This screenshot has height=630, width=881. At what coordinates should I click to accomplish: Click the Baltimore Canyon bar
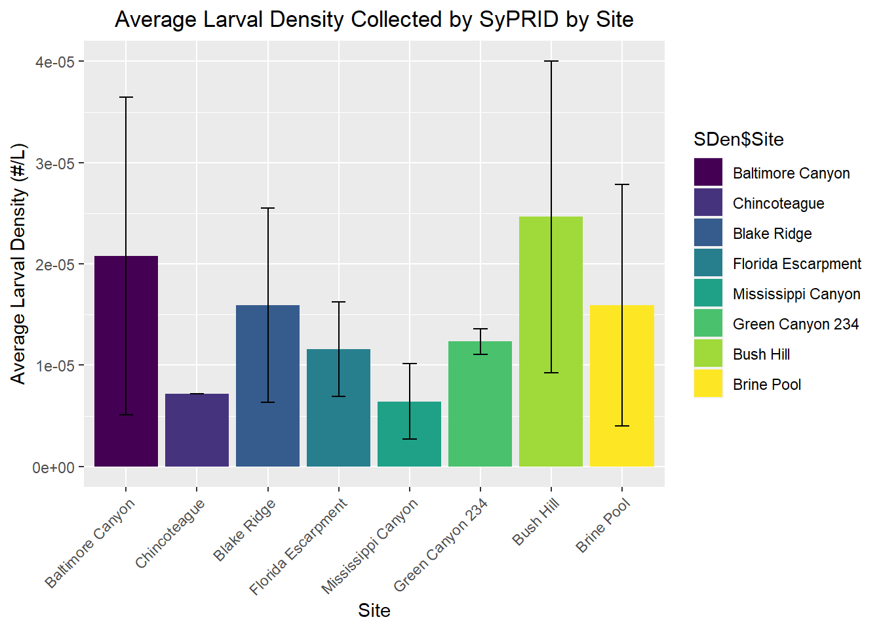tap(126, 361)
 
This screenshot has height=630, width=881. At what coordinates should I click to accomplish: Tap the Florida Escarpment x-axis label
tap(299, 546)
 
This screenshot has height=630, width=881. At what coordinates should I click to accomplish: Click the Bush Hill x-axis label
tap(536, 522)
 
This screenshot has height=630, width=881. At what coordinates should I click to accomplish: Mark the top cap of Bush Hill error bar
tap(551, 61)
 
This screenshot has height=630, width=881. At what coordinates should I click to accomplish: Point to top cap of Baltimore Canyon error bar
tap(126, 97)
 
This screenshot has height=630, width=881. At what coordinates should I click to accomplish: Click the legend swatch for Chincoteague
tap(708, 203)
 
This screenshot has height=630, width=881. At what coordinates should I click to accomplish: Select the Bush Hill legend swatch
tap(708, 354)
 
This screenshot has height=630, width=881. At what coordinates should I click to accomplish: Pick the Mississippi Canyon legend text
tap(796, 294)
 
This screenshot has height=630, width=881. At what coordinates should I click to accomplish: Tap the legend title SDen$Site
tap(739, 139)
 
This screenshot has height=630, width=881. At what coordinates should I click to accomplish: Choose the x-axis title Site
tap(374, 610)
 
